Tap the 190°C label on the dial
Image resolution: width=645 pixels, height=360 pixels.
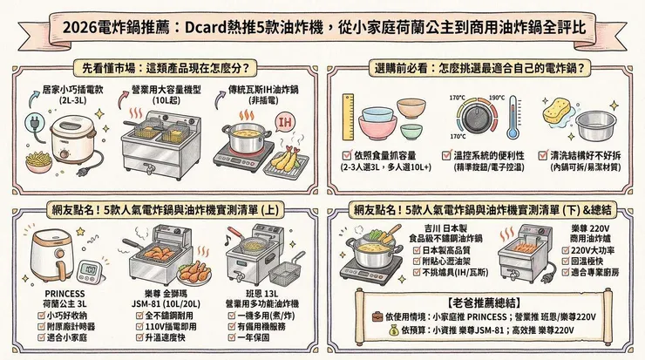496,98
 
